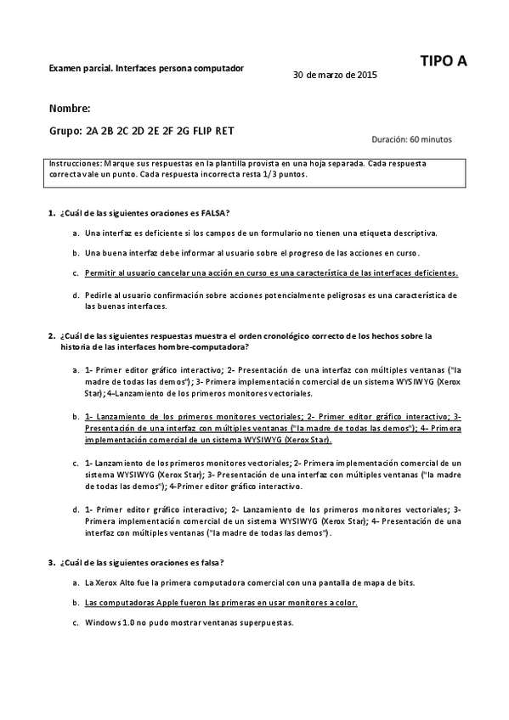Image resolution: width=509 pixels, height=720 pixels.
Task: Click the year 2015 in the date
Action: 368,75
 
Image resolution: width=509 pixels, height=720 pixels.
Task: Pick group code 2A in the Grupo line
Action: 93,132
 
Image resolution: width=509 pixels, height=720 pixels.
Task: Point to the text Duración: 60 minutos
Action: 412,139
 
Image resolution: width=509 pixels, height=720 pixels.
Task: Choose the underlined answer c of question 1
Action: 271,273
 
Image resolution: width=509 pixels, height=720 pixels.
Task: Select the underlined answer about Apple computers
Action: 221,602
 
